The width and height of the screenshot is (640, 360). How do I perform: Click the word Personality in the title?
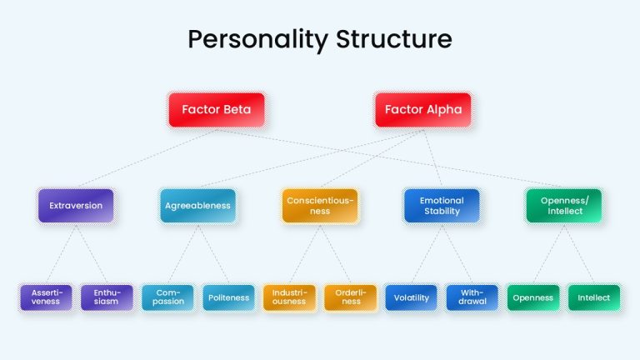(x=258, y=40)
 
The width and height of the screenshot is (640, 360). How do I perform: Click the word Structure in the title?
(x=394, y=39)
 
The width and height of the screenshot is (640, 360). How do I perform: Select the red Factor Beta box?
(x=217, y=110)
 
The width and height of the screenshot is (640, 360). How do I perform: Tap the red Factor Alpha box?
(x=423, y=110)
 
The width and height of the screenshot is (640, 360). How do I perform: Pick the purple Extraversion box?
(x=76, y=206)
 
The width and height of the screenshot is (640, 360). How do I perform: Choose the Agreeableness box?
(x=198, y=206)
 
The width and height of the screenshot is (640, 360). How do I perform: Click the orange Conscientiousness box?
(x=320, y=206)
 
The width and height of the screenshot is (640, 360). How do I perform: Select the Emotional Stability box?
(x=442, y=206)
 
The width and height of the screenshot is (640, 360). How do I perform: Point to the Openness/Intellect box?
(x=564, y=206)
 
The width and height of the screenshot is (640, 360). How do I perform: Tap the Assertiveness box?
(x=46, y=297)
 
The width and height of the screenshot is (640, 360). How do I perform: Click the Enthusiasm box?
(x=107, y=297)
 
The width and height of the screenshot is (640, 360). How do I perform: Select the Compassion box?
(x=167, y=297)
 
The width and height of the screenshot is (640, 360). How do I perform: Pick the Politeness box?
(x=228, y=297)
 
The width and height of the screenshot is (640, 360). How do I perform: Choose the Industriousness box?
(x=289, y=297)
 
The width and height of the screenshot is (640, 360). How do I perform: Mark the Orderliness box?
(x=350, y=297)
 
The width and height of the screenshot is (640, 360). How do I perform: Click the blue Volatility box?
(x=411, y=297)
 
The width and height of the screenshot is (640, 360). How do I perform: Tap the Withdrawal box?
(x=472, y=297)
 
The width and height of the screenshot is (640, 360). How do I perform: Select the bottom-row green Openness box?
(x=533, y=297)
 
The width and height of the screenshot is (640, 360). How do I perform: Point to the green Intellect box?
(x=594, y=297)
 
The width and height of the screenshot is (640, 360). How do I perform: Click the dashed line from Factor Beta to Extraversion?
(x=147, y=158)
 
